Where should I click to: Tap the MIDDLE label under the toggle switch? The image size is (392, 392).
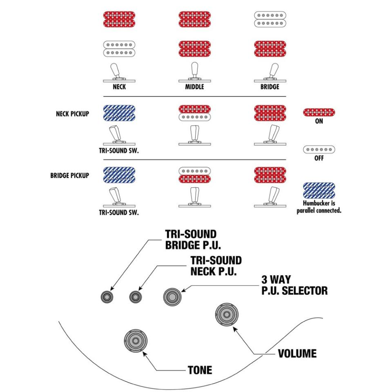click(x=195, y=87)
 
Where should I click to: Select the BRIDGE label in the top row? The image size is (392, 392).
click(x=269, y=87)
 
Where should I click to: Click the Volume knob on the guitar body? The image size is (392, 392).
click(x=226, y=315)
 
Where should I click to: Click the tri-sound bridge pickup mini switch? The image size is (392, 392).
click(x=108, y=297)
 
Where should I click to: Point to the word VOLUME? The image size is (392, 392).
click(x=297, y=354)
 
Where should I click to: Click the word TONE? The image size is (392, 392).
click(x=200, y=370)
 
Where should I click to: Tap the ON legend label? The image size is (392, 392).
click(x=319, y=122)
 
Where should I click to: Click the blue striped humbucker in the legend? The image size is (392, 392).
click(x=319, y=190)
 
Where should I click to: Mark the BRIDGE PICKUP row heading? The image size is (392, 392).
click(x=69, y=176)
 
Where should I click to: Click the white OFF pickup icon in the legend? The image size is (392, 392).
click(x=319, y=149)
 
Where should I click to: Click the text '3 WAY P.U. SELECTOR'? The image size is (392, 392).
click(x=294, y=285)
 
